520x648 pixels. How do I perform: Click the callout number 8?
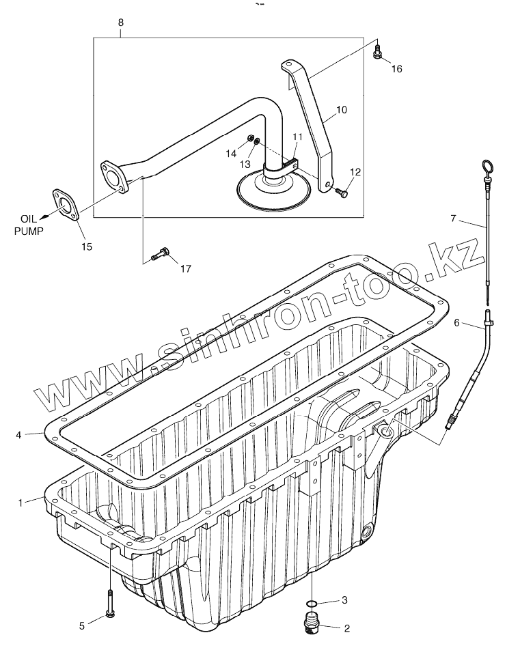pos(121,23)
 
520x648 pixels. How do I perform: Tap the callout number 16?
pos(397,68)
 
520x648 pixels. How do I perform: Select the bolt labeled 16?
pos(377,51)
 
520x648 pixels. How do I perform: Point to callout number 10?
pos(342,109)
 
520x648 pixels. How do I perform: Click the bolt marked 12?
pos(342,194)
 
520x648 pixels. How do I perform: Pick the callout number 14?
pos(232,154)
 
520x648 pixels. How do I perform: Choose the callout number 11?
pos(297,137)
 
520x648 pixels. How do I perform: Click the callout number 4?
pos(20,434)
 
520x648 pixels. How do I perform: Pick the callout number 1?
pos(21,503)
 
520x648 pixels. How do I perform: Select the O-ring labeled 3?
pos(311,603)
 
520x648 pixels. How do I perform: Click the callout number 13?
pos(245,165)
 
